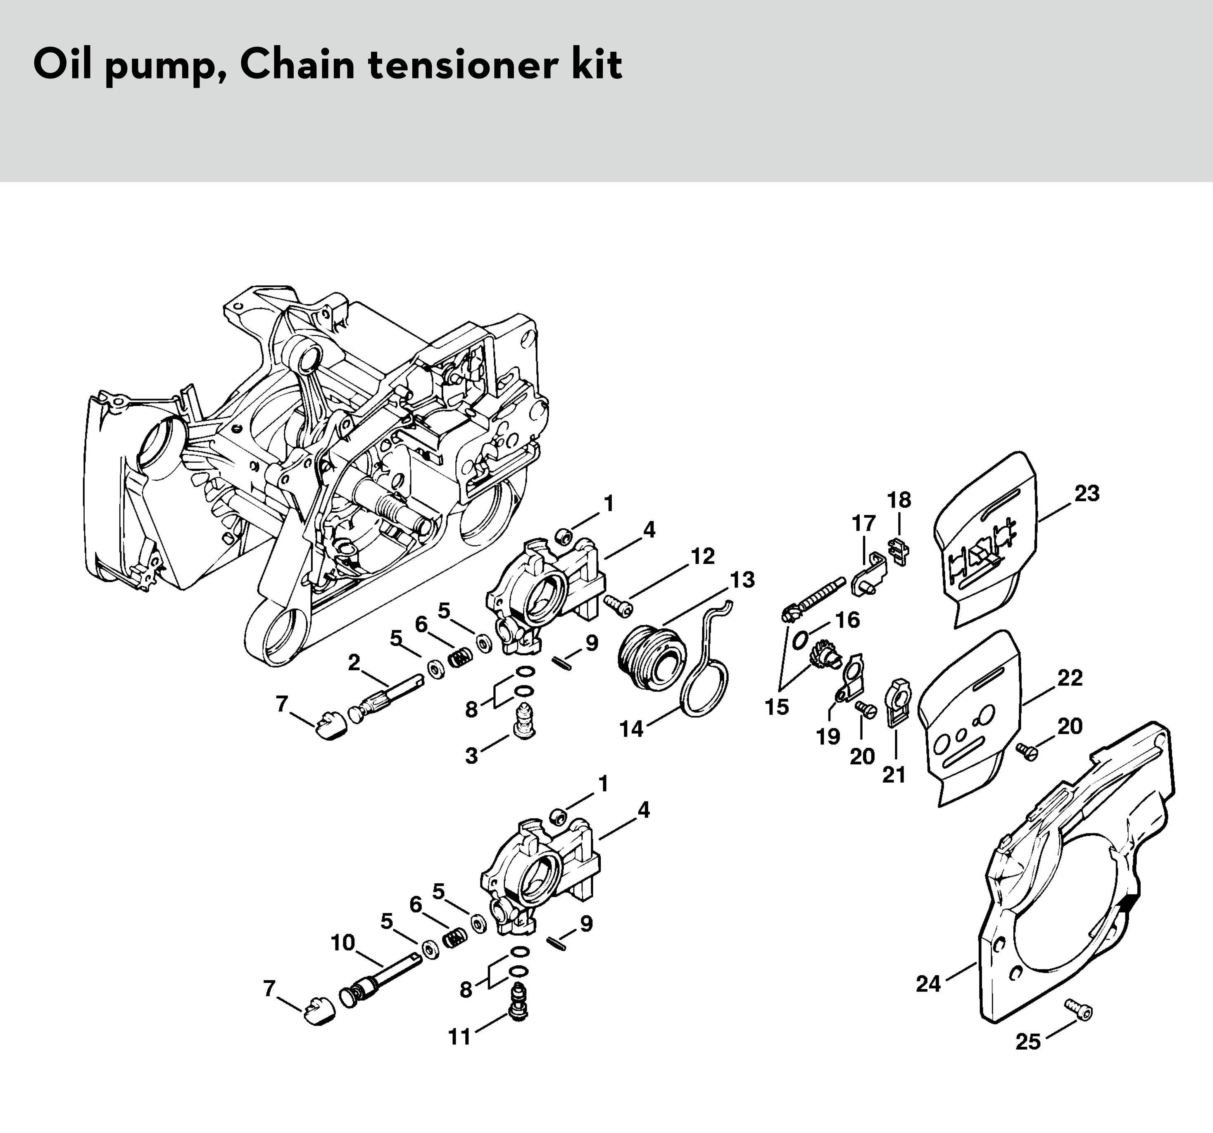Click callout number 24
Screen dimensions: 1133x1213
pos(928,984)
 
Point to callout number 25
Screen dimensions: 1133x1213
pos(1027,1041)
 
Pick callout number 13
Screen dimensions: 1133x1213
pos(742,579)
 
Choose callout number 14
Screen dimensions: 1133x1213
pos(632,729)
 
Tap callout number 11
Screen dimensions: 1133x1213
pos(459,1037)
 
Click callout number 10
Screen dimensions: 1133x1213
pos(342,943)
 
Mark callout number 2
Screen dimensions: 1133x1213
pos(354,662)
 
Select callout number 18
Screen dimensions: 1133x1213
pos(899,500)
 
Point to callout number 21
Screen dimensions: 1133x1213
pos(894,775)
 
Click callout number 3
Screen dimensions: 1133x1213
pos(471,756)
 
